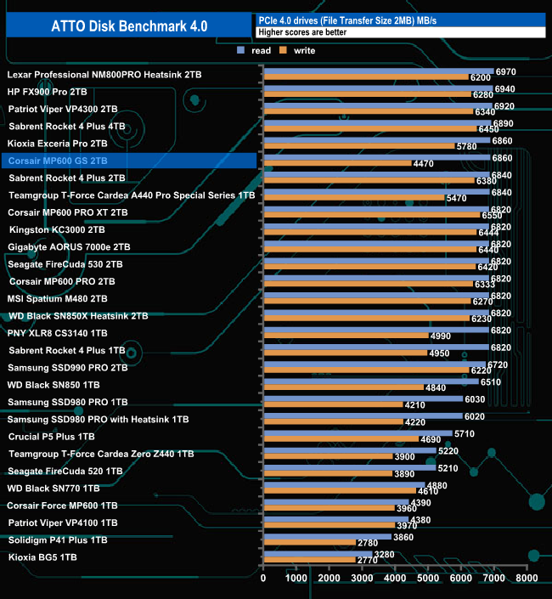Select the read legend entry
pyautogui.click(x=256, y=51)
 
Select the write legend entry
pyautogui.click(x=298, y=51)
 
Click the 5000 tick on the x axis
pyautogui.click(x=428, y=579)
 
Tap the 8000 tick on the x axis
pyautogui.click(x=527, y=579)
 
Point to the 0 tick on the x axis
pyautogui.click(x=263, y=579)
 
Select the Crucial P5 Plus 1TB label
pyautogui.click(x=52, y=436)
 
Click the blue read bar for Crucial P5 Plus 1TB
pyautogui.click(x=358, y=432)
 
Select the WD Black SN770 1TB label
pyautogui.click(x=54, y=488)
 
